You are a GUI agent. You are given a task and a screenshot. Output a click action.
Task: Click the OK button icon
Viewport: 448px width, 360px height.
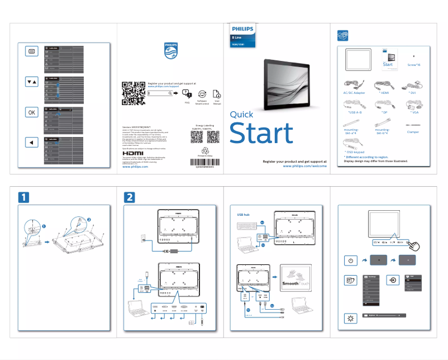pyautogui.click(x=31, y=112)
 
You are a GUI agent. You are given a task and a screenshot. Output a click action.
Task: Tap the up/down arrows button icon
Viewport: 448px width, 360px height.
pyautogui.click(x=31, y=82)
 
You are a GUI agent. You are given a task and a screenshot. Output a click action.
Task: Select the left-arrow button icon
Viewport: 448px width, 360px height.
pyautogui.click(x=31, y=143)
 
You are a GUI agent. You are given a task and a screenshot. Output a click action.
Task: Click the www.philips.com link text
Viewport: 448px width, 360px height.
pyautogui.click(x=135, y=167)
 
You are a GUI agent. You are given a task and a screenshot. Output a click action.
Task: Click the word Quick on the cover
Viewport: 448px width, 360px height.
pyautogui.click(x=241, y=115)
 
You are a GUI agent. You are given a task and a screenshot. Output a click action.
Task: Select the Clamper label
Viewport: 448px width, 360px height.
pyautogui.click(x=413, y=132)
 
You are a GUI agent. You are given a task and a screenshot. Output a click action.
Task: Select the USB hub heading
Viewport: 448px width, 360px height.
pyautogui.click(x=244, y=215)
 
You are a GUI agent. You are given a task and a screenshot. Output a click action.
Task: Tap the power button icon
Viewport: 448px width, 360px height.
pyautogui.click(x=349, y=260)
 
